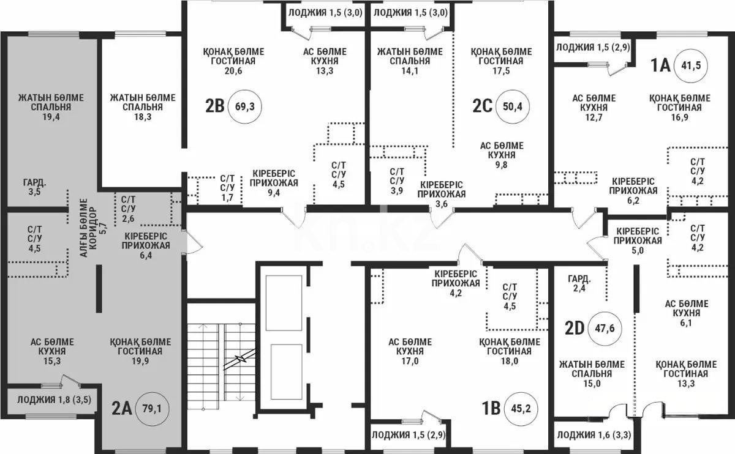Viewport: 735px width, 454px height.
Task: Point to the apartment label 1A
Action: [660, 65]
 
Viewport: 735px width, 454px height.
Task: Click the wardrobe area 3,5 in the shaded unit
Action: [34, 192]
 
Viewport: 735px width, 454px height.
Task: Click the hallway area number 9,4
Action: [274, 193]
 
